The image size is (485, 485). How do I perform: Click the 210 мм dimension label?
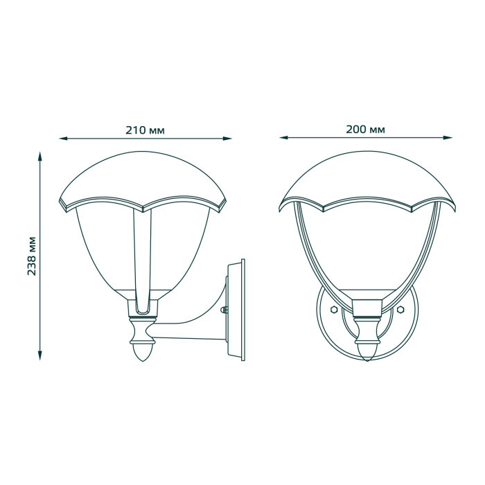pyautogui.click(x=145, y=130)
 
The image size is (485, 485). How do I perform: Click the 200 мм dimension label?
pyautogui.click(x=367, y=130)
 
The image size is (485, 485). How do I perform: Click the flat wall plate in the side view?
pyautogui.click(x=240, y=310)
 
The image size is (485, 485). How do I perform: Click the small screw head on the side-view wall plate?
pyautogui.click(x=226, y=312)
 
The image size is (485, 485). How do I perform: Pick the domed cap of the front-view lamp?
pyautogui.click(x=367, y=177)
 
